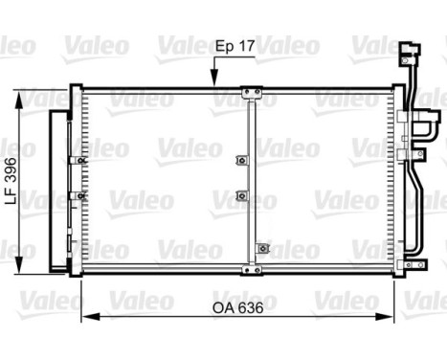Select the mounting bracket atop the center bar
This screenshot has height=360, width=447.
pyautogui.click(x=252, y=94)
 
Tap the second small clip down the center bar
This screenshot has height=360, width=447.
pyautogui.click(x=241, y=196)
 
